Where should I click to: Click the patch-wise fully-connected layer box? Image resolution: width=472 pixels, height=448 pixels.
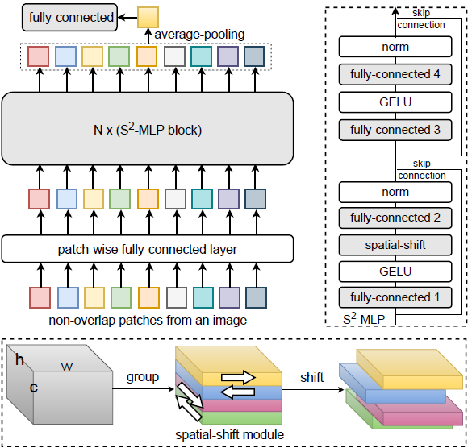pos(147,249)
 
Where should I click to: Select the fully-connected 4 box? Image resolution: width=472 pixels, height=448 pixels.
pos(396,74)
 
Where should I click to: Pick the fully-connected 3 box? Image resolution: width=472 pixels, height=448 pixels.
pos(396,130)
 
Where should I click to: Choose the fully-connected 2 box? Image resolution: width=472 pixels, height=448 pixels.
pos(396,218)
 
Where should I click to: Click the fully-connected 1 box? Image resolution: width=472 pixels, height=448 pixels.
pos(396,296)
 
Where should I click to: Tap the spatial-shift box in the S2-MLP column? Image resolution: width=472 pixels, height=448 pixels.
pos(396,244)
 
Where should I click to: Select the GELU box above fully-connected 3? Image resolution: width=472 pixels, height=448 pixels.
pos(396,102)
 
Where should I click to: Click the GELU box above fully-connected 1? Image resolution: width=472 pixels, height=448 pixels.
pos(396,270)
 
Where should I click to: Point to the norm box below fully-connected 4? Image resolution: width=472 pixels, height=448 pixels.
pos(396,47)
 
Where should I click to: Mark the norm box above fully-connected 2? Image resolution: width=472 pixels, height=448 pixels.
pos(396,192)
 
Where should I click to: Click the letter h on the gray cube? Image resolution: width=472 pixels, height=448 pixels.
pos(20,359)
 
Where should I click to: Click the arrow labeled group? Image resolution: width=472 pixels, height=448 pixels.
pos(143,390)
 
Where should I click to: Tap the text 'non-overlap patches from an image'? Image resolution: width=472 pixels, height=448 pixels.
pos(147,321)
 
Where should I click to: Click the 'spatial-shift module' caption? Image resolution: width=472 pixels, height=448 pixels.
pos(228,435)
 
